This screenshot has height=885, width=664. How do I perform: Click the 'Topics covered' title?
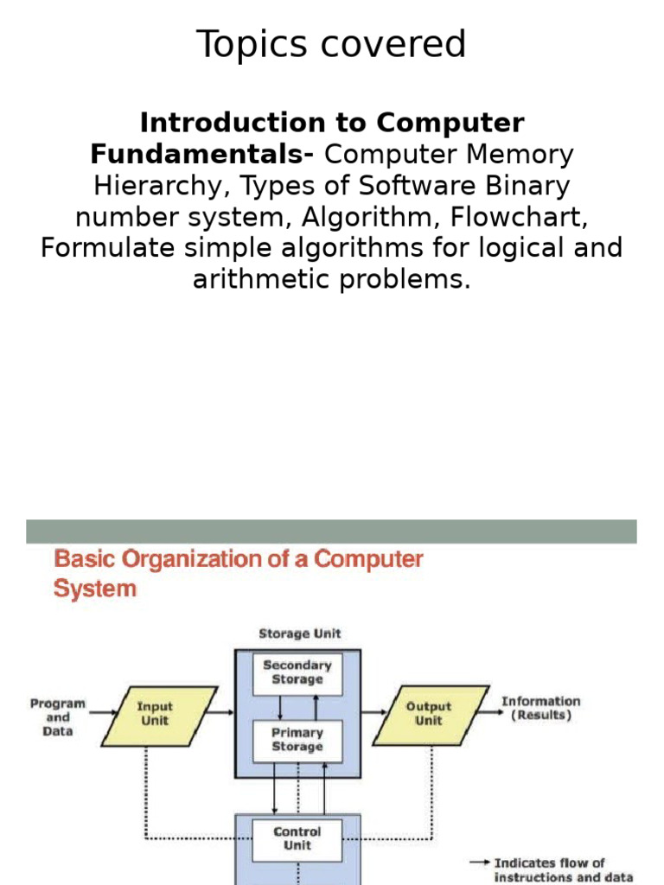[331, 45]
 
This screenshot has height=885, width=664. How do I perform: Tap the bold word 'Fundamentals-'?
[202, 155]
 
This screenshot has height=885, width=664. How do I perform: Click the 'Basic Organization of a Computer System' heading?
[238, 573]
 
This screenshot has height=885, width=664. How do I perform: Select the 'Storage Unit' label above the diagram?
[299, 634]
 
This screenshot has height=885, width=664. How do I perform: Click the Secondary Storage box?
[297, 672]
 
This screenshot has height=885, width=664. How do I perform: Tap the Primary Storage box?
[297, 740]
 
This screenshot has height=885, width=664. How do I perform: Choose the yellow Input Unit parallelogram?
[156, 714]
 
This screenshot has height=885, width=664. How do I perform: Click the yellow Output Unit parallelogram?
[429, 714]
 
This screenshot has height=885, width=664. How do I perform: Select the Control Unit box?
[297, 838]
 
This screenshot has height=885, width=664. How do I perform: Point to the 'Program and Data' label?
[58, 717]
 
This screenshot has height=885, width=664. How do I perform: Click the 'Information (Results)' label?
[541, 709]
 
